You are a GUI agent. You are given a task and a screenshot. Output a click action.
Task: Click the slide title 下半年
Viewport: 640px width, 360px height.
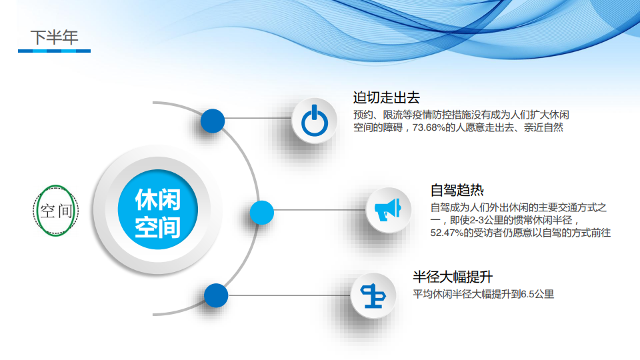coord(54,37)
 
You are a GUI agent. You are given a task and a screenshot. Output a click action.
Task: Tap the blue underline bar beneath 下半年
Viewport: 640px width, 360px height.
coord(54,51)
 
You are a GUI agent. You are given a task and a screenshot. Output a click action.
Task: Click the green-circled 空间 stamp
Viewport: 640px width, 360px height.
coord(55,211)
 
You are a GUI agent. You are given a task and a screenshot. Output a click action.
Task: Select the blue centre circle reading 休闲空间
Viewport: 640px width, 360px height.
coord(157,209)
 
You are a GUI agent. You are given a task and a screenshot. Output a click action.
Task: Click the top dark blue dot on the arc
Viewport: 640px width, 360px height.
coord(212,121)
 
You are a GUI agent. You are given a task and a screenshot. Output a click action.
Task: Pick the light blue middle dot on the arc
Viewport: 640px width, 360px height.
coord(261,212)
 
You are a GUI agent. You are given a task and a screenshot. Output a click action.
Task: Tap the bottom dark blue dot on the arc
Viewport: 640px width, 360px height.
coord(216,295)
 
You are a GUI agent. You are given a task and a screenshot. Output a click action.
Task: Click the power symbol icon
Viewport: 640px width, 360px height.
coord(314,121)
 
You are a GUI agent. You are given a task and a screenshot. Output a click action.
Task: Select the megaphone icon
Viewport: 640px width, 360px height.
coord(388,210)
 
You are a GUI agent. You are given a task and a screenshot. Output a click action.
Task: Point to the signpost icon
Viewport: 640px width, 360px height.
coord(373,295)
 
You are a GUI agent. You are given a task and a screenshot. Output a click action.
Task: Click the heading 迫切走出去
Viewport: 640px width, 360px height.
coord(386,97)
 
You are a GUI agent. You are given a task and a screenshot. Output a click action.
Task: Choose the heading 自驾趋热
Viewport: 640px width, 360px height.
coord(457,190)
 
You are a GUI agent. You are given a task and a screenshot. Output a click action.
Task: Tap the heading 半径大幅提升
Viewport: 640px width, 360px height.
coord(453,277)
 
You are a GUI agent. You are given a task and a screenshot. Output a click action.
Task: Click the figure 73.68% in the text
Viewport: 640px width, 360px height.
coord(429,128)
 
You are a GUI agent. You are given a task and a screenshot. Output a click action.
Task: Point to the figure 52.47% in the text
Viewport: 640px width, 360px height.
coord(447,233)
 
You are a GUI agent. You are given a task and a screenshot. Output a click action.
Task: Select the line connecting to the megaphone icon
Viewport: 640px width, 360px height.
coord(319,210)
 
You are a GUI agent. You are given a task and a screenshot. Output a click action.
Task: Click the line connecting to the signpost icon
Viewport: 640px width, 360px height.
coord(289,295)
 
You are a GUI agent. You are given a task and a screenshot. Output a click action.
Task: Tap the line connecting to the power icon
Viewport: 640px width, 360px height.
coord(258,119)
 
